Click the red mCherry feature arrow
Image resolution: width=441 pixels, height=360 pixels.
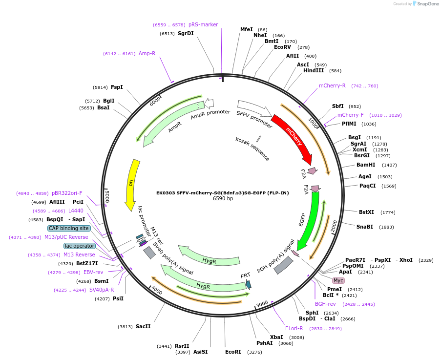coord(293,137)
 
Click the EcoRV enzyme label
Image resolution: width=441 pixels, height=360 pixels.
coord(282,47)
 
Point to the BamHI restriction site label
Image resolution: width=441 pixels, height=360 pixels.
coord(366,165)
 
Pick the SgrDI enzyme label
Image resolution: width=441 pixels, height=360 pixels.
coord(186,34)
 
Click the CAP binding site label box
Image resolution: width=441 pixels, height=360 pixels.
coord(68,228)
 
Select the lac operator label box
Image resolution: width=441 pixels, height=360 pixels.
coord(80,246)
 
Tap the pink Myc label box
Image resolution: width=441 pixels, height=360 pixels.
coord(338,280)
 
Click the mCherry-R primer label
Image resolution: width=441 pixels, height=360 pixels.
coord(332,86)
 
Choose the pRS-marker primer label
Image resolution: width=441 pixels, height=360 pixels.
coord(203,24)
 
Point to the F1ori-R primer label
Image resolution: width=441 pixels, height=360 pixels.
coord(294,328)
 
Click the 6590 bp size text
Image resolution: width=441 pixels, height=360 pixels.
coord(223,199)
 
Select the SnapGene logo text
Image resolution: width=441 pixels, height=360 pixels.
coord(427,4)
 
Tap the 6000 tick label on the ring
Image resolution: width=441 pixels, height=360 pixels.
coord(155,101)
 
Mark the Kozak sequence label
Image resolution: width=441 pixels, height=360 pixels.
coord(252,149)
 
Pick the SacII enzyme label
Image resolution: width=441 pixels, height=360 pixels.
coord(143,326)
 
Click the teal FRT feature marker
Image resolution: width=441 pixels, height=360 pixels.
coord(249,284)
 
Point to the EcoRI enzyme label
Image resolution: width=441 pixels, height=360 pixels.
coord(233,352)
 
